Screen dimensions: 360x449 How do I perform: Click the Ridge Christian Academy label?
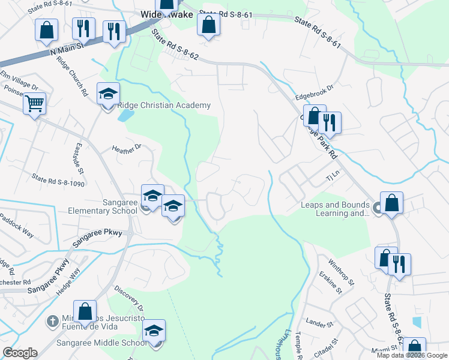tap(164, 106)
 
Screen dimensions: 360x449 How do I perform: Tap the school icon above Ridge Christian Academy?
tap(109, 95)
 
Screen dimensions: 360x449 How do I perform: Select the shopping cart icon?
tap(35, 104)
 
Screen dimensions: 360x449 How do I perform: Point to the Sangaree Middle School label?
tap(101, 343)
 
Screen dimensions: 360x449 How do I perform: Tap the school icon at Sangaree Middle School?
tap(154, 332)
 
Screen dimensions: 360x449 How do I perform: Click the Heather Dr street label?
tap(127, 147)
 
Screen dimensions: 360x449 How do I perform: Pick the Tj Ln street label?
tap(333, 178)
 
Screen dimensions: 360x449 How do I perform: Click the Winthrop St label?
tap(342, 271)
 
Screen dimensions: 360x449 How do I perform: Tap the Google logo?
tap(20, 352)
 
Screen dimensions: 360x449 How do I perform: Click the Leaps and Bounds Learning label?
tap(335, 209)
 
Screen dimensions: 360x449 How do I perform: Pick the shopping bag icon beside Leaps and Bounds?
tap(391, 203)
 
